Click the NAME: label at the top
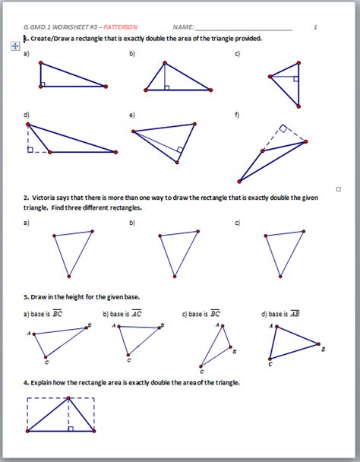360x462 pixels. (x=183, y=27)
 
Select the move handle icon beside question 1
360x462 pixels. (x=14, y=46)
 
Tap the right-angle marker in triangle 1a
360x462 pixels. (x=43, y=84)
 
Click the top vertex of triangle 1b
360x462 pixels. (x=163, y=64)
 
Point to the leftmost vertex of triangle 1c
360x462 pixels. (x=269, y=76)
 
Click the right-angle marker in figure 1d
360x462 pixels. (x=30, y=149)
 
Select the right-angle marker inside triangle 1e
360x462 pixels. (x=179, y=150)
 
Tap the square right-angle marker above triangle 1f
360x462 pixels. (x=282, y=129)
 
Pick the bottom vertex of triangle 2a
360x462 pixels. (x=68, y=276)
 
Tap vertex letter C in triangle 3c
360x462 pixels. (x=201, y=372)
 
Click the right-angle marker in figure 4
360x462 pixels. (x=71, y=429)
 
